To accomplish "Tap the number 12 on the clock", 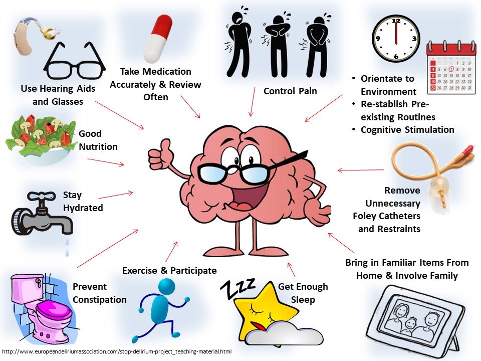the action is (x=396, y=21).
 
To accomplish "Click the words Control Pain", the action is (x=290, y=91).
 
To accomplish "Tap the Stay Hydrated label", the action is (x=83, y=201).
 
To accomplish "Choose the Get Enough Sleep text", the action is (x=303, y=293).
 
